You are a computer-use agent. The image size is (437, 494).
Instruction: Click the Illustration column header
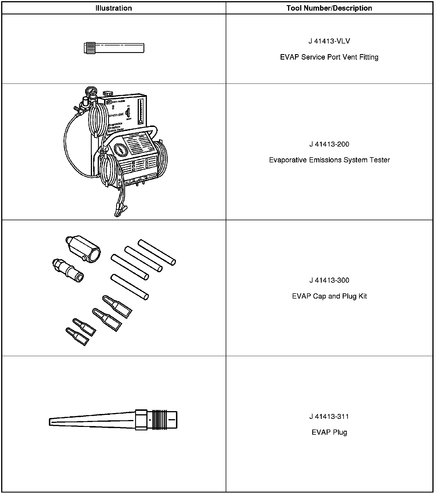[x=114, y=8]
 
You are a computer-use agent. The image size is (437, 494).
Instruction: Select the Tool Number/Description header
[x=329, y=8]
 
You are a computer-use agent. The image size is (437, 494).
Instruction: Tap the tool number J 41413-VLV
[x=329, y=41]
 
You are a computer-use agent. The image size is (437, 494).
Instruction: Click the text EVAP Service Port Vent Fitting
[x=329, y=57]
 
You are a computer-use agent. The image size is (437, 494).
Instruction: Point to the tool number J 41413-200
[x=329, y=144]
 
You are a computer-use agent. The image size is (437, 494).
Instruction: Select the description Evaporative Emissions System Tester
[x=329, y=160]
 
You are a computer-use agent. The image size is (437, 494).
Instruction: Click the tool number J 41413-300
[x=329, y=280]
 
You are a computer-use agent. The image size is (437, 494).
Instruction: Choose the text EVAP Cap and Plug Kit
[x=329, y=296]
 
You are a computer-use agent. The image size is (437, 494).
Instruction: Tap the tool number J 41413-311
[x=329, y=416]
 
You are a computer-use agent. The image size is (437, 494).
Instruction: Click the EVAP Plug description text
[x=329, y=432]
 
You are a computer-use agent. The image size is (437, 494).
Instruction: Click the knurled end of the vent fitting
[x=90, y=48]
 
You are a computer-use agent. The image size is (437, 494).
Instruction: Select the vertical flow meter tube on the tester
[x=141, y=111]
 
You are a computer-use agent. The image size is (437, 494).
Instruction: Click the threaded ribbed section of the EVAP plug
[x=158, y=420]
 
